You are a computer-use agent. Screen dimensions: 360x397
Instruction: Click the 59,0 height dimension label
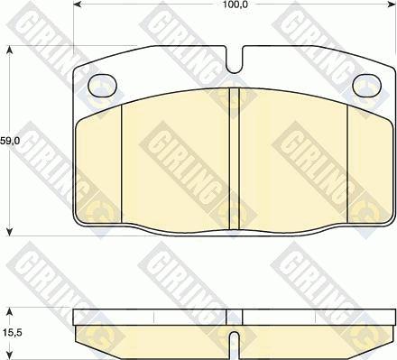point(9,141)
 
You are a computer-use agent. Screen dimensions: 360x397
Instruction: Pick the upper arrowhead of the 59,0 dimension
point(10,51)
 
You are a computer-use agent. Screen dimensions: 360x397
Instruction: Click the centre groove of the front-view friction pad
point(233,158)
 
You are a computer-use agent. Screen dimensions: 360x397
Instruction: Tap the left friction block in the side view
point(153,337)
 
